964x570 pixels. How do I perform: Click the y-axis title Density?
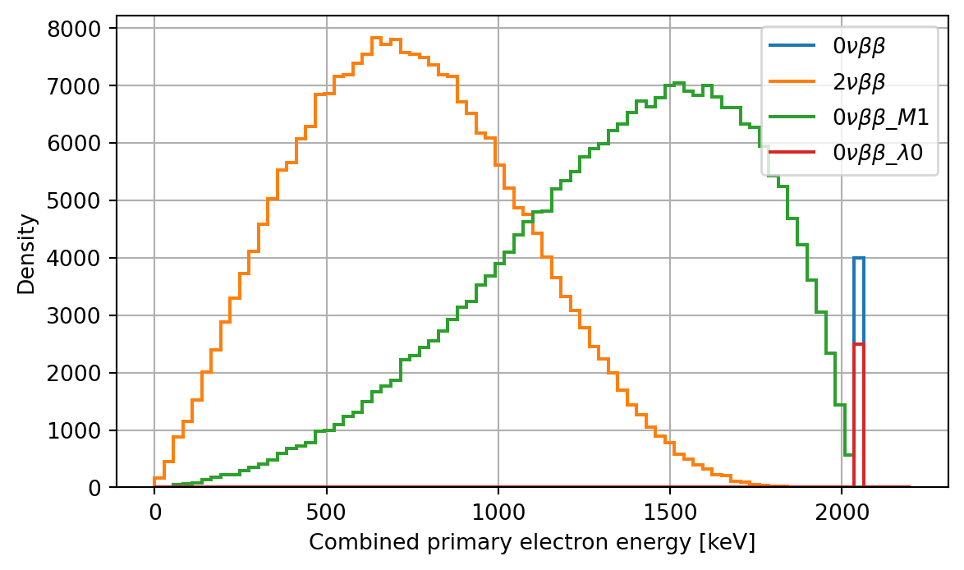[28, 254]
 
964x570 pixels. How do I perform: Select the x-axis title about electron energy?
[531, 543]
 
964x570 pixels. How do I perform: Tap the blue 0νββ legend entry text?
[859, 47]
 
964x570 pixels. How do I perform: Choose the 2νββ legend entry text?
[859, 83]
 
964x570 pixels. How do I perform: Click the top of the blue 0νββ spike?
[859, 258]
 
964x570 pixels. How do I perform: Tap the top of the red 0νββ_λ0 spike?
[859, 344]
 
